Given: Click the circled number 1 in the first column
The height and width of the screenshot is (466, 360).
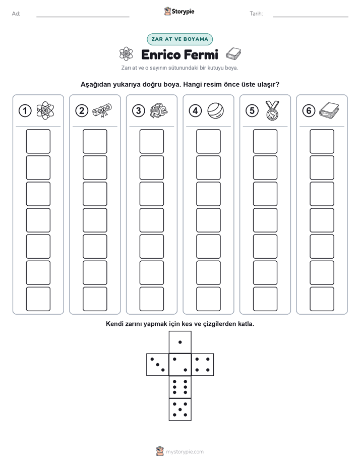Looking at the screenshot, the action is click(x=25, y=111).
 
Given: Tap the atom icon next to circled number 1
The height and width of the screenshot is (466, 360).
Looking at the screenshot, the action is click(x=45, y=110).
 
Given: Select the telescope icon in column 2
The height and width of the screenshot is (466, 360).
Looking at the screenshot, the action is click(x=102, y=110).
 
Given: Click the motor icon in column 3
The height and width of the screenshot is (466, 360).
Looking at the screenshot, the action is click(x=159, y=111).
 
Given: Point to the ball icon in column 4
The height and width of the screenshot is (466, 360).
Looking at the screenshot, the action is click(x=216, y=110).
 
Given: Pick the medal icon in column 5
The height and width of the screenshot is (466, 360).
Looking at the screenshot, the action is click(x=272, y=110).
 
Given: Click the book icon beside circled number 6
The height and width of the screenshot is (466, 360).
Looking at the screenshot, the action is click(x=329, y=109).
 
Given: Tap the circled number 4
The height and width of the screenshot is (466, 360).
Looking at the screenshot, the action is click(x=195, y=111).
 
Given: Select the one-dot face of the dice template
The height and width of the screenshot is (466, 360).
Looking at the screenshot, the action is click(x=180, y=342).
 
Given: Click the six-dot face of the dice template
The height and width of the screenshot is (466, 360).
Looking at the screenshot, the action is click(x=180, y=387).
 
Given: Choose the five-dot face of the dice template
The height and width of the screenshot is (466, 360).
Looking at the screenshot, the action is click(x=180, y=409).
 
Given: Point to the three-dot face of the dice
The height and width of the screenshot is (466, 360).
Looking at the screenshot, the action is click(x=158, y=365).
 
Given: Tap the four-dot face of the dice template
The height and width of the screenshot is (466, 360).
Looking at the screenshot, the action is click(x=203, y=365).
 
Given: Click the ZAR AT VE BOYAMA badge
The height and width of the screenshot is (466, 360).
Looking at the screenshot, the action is click(x=179, y=39).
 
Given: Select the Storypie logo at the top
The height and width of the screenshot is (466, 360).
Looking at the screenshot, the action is click(x=179, y=12).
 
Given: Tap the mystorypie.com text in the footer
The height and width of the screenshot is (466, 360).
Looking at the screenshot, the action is click(x=185, y=452).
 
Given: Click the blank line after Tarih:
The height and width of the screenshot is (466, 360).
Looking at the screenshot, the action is click(x=311, y=17).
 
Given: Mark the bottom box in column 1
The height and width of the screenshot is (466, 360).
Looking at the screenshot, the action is click(x=38, y=299).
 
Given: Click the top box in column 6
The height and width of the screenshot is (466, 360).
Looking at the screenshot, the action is click(x=322, y=141).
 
